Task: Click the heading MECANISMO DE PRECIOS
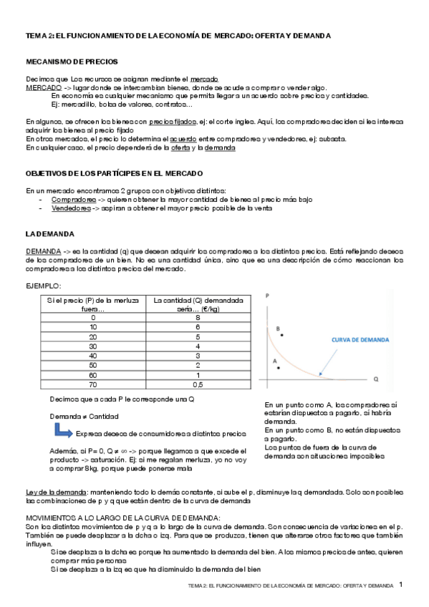click(x=72, y=62)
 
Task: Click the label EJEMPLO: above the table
click(x=44, y=286)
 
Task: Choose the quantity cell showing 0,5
click(x=196, y=384)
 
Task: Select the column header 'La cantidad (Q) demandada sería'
click(x=196, y=303)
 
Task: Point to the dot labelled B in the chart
click(x=283, y=334)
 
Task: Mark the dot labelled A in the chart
click(x=278, y=368)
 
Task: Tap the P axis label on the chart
click(x=267, y=295)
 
